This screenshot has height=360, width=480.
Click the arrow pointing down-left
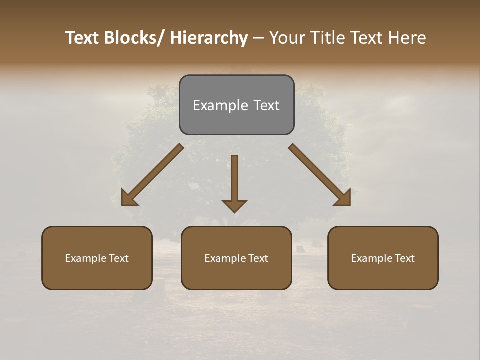coord(152,175)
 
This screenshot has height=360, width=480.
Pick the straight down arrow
coord(234,183)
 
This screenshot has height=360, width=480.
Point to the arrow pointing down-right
coord(320,175)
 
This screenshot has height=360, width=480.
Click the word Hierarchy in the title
coord(209,38)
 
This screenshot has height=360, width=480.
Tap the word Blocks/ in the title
coord(132,38)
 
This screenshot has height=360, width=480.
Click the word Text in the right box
coord(404,258)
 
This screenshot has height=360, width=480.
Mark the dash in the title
coord(258,38)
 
